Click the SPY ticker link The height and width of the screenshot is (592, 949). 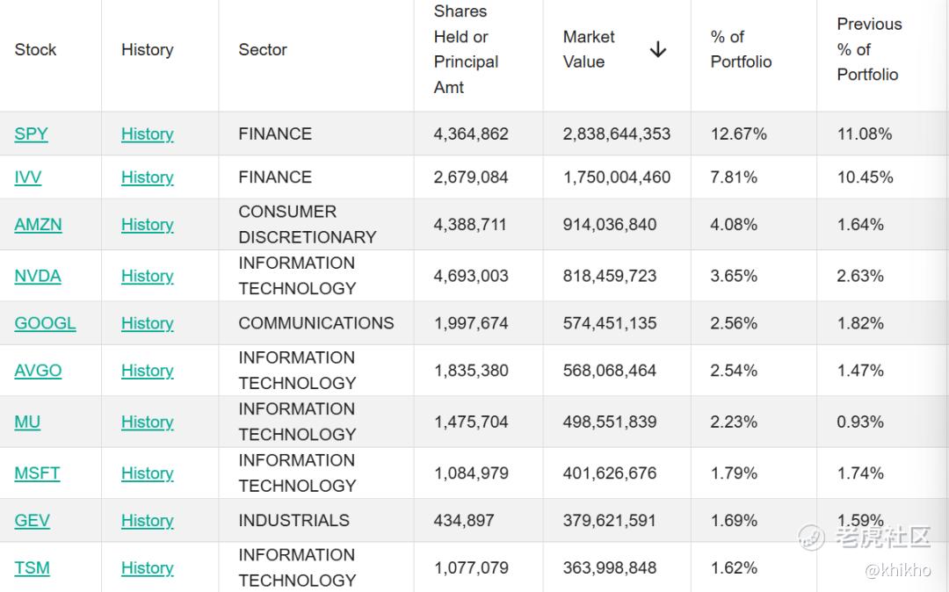pyautogui.click(x=31, y=134)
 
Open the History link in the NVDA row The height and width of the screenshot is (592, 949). pyautogui.click(x=147, y=276)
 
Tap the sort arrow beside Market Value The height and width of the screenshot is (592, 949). pyautogui.click(x=658, y=49)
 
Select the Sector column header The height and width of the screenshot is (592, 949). pyautogui.click(x=263, y=49)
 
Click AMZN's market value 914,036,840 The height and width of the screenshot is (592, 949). pyautogui.click(x=610, y=224)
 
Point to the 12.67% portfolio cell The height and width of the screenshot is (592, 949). pyautogui.click(x=738, y=134)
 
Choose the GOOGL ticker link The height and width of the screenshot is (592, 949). pyautogui.click(x=46, y=323)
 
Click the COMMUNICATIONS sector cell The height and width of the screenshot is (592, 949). pyautogui.click(x=316, y=323)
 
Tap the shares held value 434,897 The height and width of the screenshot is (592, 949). pyautogui.click(x=464, y=520)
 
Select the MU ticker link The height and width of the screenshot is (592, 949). pyautogui.click(x=27, y=422)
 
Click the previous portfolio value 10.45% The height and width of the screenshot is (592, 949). pyautogui.click(x=865, y=177)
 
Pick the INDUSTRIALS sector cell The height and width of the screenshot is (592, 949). pyautogui.click(x=293, y=520)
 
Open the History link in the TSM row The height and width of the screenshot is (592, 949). pyautogui.click(x=147, y=567)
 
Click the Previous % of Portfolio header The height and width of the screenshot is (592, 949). pyautogui.click(x=869, y=49)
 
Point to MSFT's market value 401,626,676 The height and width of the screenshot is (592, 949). pyautogui.click(x=610, y=473)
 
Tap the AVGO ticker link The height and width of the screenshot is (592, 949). pyautogui.click(x=38, y=370)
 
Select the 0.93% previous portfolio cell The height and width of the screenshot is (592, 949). pyautogui.click(x=860, y=422)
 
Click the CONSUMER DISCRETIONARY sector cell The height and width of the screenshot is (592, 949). pyautogui.click(x=308, y=224)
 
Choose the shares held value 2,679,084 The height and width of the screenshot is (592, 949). pyautogui.click(x=471, y=177)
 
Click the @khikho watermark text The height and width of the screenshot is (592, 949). pyautogui.click(x=898, y=570)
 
